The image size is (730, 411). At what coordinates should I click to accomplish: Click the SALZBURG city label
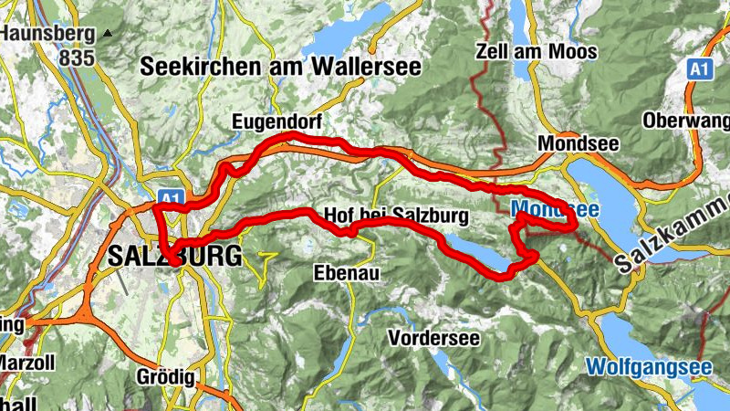click(x=173, y=257)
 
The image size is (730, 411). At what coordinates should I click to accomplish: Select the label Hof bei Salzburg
click(x=395, y=216)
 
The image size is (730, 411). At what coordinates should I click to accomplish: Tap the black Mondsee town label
click(x=579, y=144)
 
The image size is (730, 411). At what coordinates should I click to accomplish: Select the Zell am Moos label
click(x=537, y=51)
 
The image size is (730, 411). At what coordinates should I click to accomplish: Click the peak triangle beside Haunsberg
click(x=109, y=34)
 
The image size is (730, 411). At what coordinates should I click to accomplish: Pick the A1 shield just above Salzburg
click(x=170, y=196)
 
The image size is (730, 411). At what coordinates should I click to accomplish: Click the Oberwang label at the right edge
click(x=686, y=121)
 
